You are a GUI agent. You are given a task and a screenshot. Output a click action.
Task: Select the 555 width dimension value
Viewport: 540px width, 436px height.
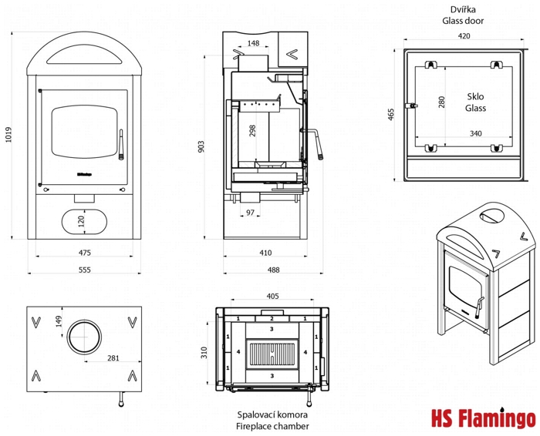(85, 270)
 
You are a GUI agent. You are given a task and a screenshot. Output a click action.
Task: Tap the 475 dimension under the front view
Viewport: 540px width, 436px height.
(85, 252)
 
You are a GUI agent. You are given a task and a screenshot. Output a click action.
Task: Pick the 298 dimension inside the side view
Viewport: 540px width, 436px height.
(252, 130)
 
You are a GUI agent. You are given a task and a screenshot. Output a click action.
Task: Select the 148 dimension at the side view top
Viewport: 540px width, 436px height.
(253, 43)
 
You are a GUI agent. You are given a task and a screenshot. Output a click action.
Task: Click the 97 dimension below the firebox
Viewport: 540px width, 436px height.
(250, 212)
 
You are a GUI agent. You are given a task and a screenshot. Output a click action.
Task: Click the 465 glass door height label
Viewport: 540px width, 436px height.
(391, 114)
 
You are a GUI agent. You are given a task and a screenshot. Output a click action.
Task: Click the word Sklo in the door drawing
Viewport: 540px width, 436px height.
(475, 97)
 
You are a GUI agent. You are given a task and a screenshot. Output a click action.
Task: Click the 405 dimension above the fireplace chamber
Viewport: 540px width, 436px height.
(272, 295)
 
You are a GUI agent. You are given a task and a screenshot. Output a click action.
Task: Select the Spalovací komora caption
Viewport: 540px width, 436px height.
(272, 414)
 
